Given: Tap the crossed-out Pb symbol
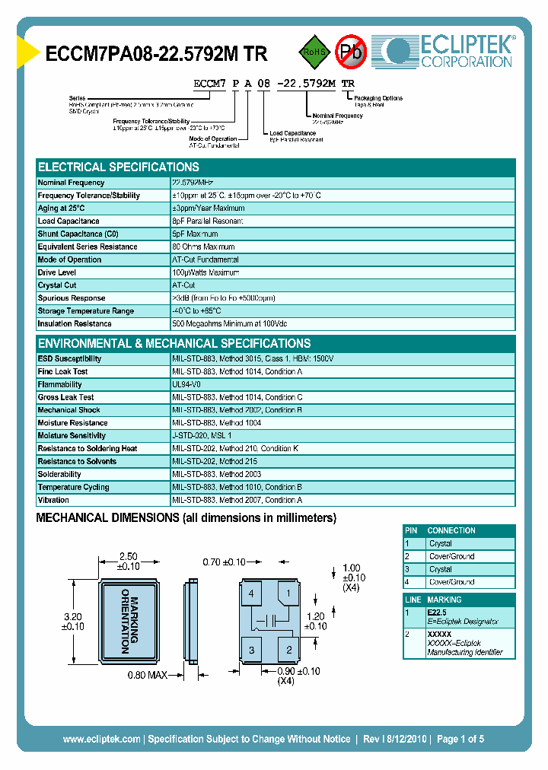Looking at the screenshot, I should [x=351, y=52].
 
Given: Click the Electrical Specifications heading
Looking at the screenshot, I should [x=119, y=167].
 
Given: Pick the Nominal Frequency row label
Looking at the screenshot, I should [x=72, y=183].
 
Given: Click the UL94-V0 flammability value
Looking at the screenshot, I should [x=186, y=385].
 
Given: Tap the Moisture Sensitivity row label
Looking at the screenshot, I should [x=77, y=436].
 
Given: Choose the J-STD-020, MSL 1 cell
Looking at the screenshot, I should [x=202, y=436].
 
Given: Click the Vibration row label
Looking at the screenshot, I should [x=54, y=500].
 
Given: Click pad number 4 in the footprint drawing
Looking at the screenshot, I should [x=251, y=593].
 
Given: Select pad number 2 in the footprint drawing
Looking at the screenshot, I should [x=289, y=649].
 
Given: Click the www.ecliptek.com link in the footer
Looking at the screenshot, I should [x=101, y=739].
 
